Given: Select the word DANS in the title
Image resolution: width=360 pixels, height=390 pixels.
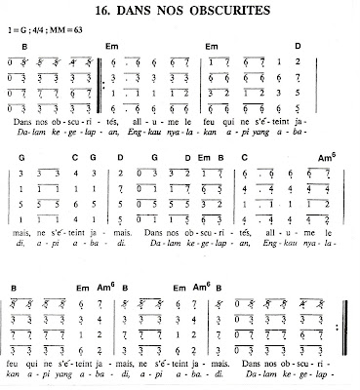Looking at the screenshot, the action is tap(153, 12).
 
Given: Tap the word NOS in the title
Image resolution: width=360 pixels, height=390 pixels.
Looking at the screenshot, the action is tap(189, 12).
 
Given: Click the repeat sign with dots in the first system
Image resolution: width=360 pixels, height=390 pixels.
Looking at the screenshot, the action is tap(105, 84).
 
